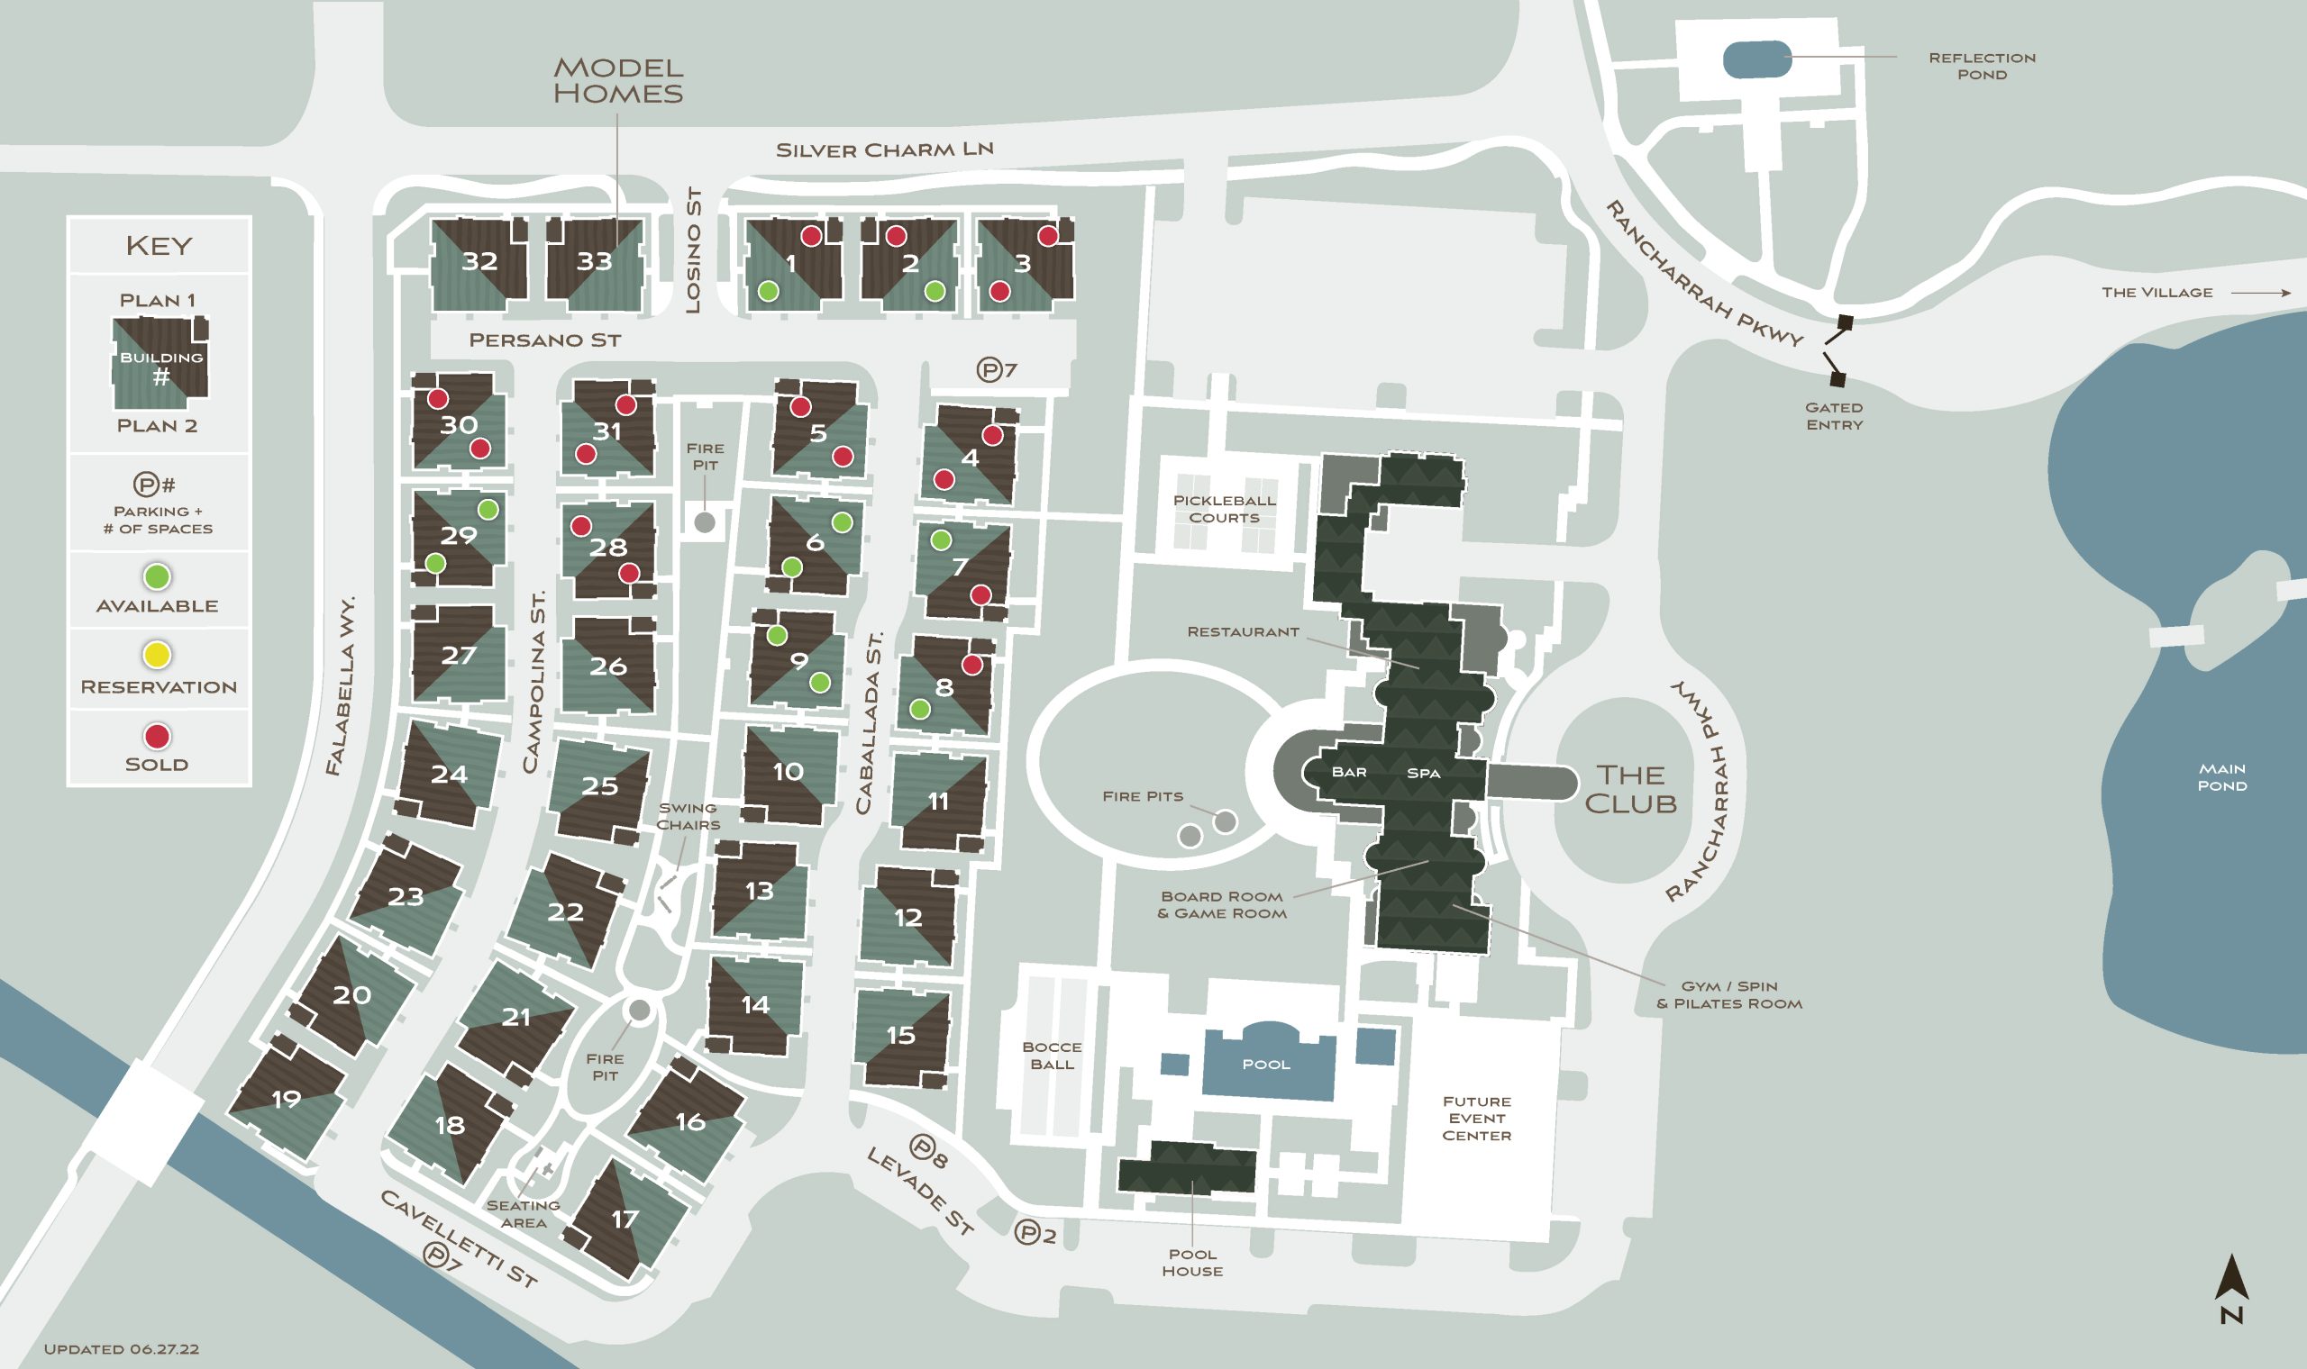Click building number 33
[593, 262]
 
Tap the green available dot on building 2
[935, 292]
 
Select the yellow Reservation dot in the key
[157, 655]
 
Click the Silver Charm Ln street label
[884, 150]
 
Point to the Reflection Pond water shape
[1757, 59]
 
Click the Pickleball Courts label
[1224, 509]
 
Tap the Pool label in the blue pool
[1265, 1065]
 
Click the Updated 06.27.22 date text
[121, 1348]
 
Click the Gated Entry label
[1834, 416]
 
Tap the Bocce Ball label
[1051, 1056]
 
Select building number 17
[625, 1219]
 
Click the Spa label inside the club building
[1423, 773]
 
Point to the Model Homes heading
[617, 80]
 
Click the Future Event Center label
[1475, 1118]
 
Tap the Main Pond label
[2221, 776]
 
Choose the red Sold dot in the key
[157, 736]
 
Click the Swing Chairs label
[688, 816]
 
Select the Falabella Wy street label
[341, 684]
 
